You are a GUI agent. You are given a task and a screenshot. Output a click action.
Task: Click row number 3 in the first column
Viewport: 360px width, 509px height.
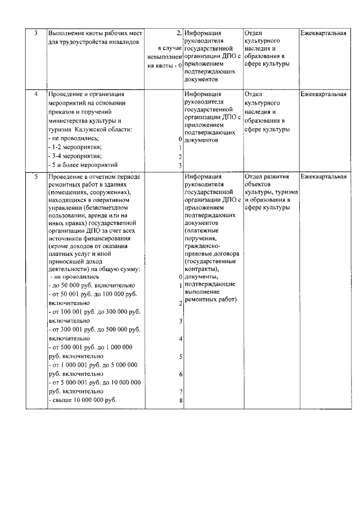pyautogui.click(x=35, y=33)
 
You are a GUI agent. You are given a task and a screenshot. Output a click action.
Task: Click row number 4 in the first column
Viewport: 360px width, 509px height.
pyautogui.click(x=35, y=94)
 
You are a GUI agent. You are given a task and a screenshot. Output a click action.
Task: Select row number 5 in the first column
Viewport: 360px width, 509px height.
pyautogui.click(x=35, y=177)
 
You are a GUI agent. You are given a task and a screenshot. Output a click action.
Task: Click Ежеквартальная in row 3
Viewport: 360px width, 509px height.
pyautogui.click(x=323, y=33)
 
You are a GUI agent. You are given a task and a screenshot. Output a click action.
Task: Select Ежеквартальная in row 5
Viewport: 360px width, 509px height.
pyautogui.click(x=323, y=177)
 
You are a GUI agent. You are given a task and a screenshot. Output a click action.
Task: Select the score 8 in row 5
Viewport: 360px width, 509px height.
pyautogui.click(x=180, y=400)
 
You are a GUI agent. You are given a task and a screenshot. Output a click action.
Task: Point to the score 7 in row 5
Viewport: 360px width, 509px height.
pyautogui.click(x=180, y=391)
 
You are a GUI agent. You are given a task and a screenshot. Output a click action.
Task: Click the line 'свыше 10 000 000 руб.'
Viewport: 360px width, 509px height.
pyautogui.click(x=83, y=400)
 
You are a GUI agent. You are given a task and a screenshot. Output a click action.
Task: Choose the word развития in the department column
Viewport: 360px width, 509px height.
pyautogui.click(x=281, y=177)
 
